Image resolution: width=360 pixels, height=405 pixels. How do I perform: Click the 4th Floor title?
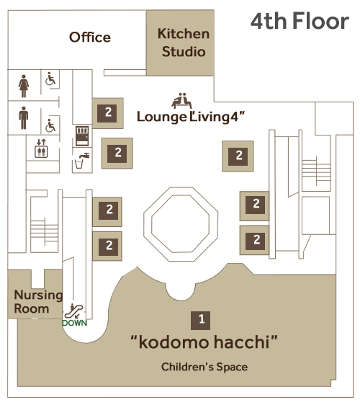coord(300,21)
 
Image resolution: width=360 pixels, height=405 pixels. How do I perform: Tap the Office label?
coord(90,37)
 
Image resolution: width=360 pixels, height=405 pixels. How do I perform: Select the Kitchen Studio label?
coord(184,43)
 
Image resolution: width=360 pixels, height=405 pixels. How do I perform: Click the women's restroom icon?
coord(24,86)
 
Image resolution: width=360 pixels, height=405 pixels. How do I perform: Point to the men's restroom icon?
coord(24,117)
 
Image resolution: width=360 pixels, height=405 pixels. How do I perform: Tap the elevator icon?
coord(41,148)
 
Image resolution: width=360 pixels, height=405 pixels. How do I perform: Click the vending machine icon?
coord(82,136)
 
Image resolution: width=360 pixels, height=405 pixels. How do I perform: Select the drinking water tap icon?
coord(82,161)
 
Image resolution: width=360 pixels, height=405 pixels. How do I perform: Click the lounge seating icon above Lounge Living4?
coord(181,101)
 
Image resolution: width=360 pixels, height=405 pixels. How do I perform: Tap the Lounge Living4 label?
coord(191,117)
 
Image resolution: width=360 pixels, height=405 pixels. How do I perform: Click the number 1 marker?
coord(200,320)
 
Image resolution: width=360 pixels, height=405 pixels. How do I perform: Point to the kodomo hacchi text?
coord(204,342)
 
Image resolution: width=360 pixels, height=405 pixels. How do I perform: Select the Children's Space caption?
coord(204,367)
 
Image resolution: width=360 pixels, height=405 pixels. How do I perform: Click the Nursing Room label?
coord(38,301)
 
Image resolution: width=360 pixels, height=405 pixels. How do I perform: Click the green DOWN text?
coord(74,323)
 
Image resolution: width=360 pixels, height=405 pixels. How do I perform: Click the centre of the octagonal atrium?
coord(181,224)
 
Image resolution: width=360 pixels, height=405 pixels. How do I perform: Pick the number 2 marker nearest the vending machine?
coord(108,113)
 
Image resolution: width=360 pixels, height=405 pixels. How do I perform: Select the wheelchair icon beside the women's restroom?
coord(50,79)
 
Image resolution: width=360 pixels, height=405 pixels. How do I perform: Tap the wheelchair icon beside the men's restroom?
coord(50,125)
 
